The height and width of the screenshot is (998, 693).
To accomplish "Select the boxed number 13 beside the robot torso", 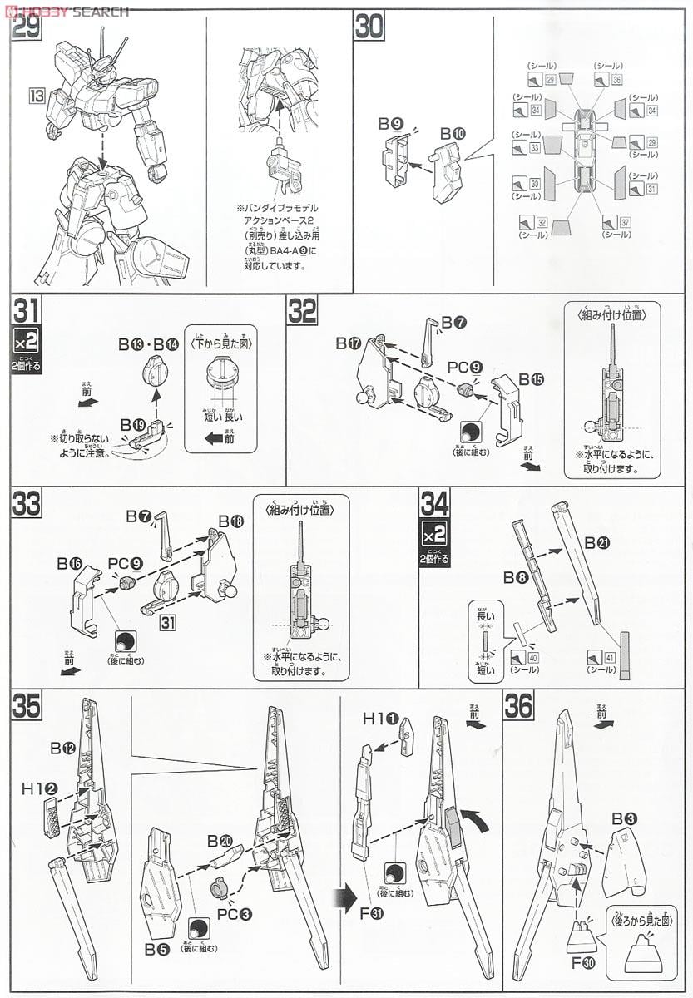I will pyautogui.click(x=36, y=96).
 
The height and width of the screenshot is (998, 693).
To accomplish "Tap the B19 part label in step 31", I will pyautogui.click(x=132, y=424).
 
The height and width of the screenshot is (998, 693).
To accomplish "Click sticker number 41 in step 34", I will pyautogui.click(x=610, y=658).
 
